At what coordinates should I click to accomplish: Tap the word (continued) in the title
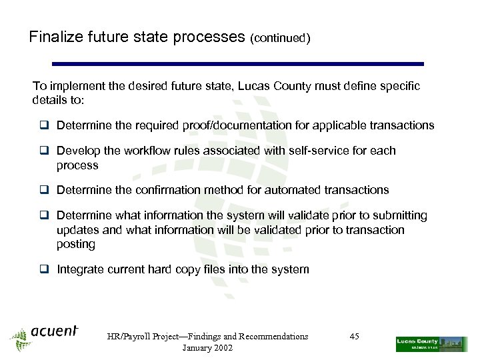[280, 39]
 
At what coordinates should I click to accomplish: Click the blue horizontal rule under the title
[237, 64]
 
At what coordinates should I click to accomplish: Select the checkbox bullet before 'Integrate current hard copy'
[45, 269]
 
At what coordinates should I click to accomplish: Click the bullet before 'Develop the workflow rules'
[45, 151]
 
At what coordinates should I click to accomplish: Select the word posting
[76, 244]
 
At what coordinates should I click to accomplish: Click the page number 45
[354, 337]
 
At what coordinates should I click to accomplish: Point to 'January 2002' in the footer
[207, 349]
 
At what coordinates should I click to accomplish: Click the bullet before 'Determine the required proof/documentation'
[45, 125]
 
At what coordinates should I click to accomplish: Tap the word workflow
[141, 151]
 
